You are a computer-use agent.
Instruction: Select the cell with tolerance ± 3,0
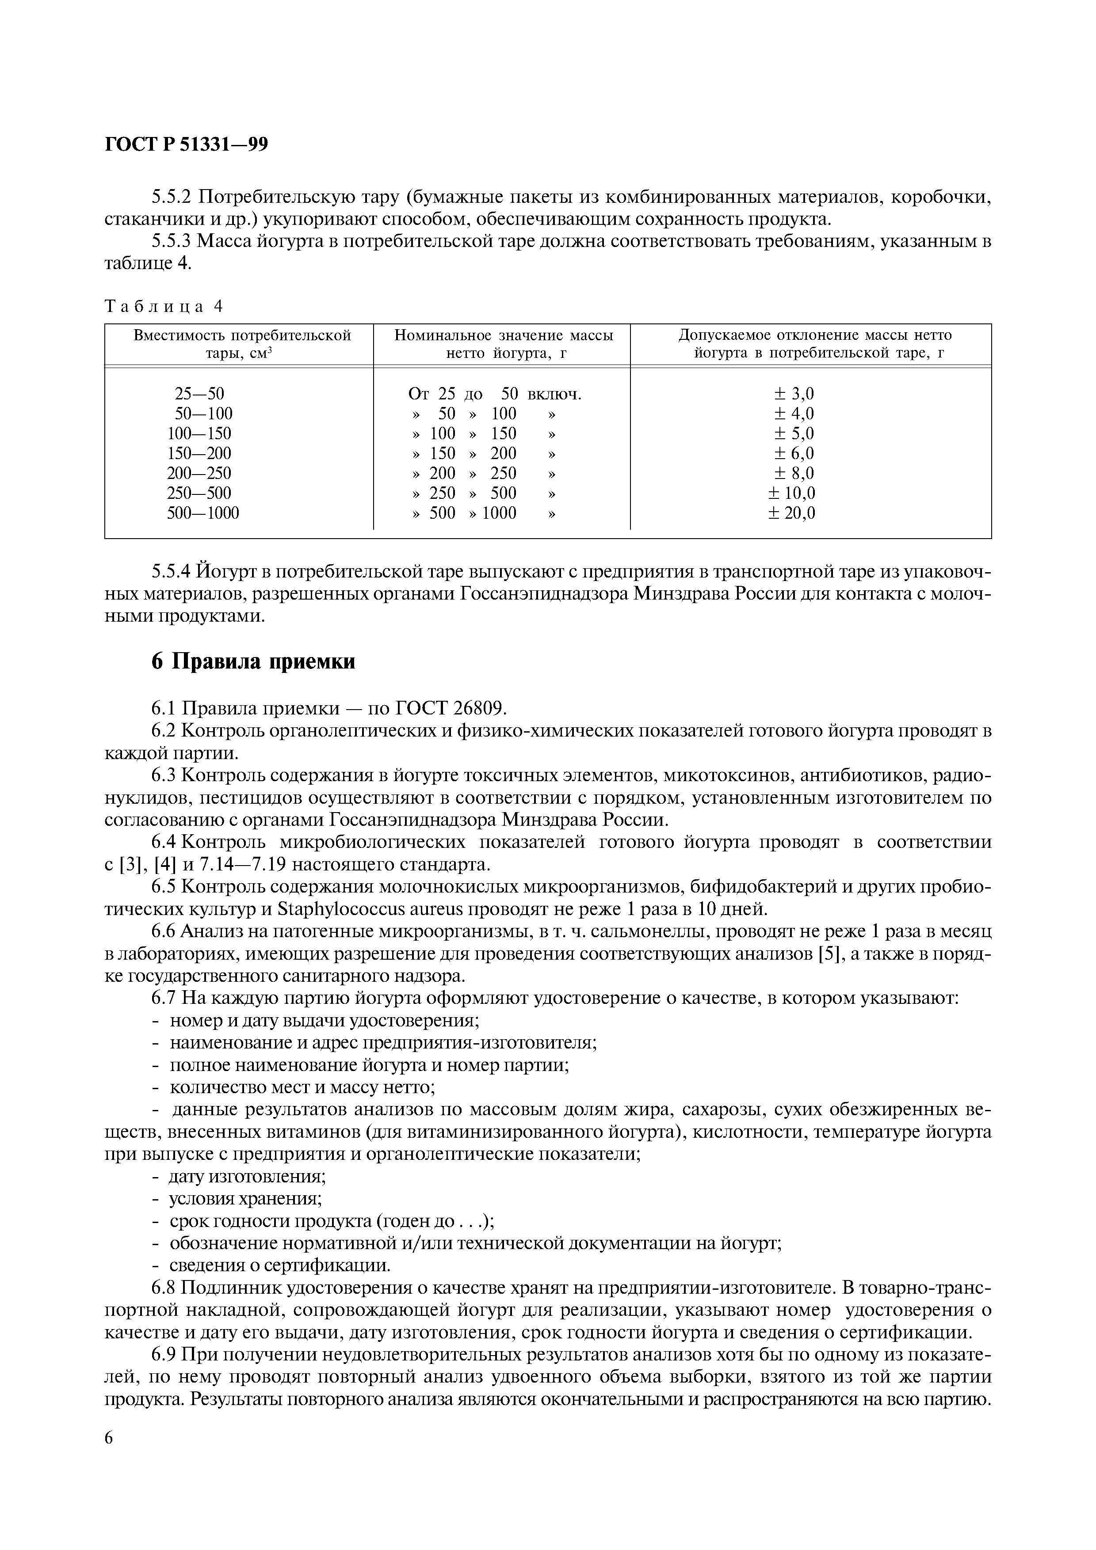[791, 394]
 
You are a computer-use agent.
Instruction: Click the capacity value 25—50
[199, 394]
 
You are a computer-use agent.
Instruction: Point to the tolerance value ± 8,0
[791, 473]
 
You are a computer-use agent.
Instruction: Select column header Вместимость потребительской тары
[242, 344]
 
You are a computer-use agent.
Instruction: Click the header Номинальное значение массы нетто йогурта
[503, 344]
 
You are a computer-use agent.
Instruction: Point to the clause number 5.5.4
[172, 573]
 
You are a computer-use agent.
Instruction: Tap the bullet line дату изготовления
[247, 1176]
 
